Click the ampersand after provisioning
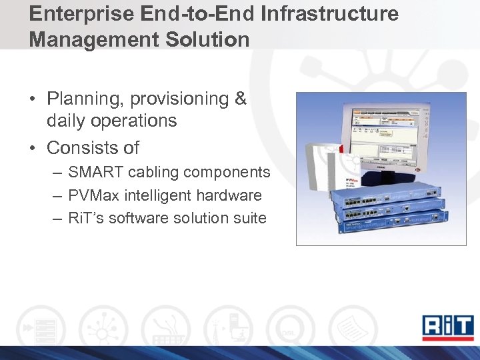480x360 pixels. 241,99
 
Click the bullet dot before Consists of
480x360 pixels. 33,147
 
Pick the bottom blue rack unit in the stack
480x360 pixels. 397,222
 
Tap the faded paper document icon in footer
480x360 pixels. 352,327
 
